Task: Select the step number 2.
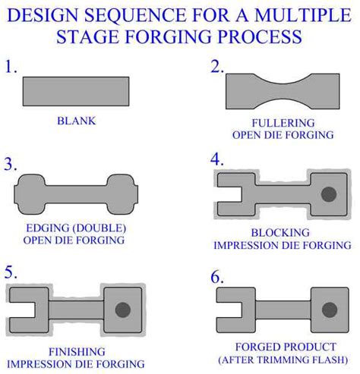218,66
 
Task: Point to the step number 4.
218,160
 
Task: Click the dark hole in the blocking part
329,194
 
